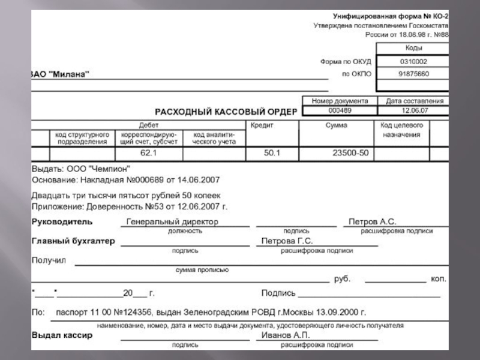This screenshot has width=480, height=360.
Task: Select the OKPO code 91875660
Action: coord(413,74)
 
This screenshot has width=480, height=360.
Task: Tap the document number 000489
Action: coord(340,110)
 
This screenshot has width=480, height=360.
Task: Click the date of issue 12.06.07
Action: coord(415,110)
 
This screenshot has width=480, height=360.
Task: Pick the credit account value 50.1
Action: coord(272,154)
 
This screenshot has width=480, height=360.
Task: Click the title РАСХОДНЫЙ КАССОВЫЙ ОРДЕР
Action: coord(226,112)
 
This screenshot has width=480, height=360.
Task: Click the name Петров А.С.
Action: coord(372,221)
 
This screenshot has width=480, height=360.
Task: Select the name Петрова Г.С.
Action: coord(287,241)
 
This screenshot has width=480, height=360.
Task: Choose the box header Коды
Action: coord(413,48)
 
